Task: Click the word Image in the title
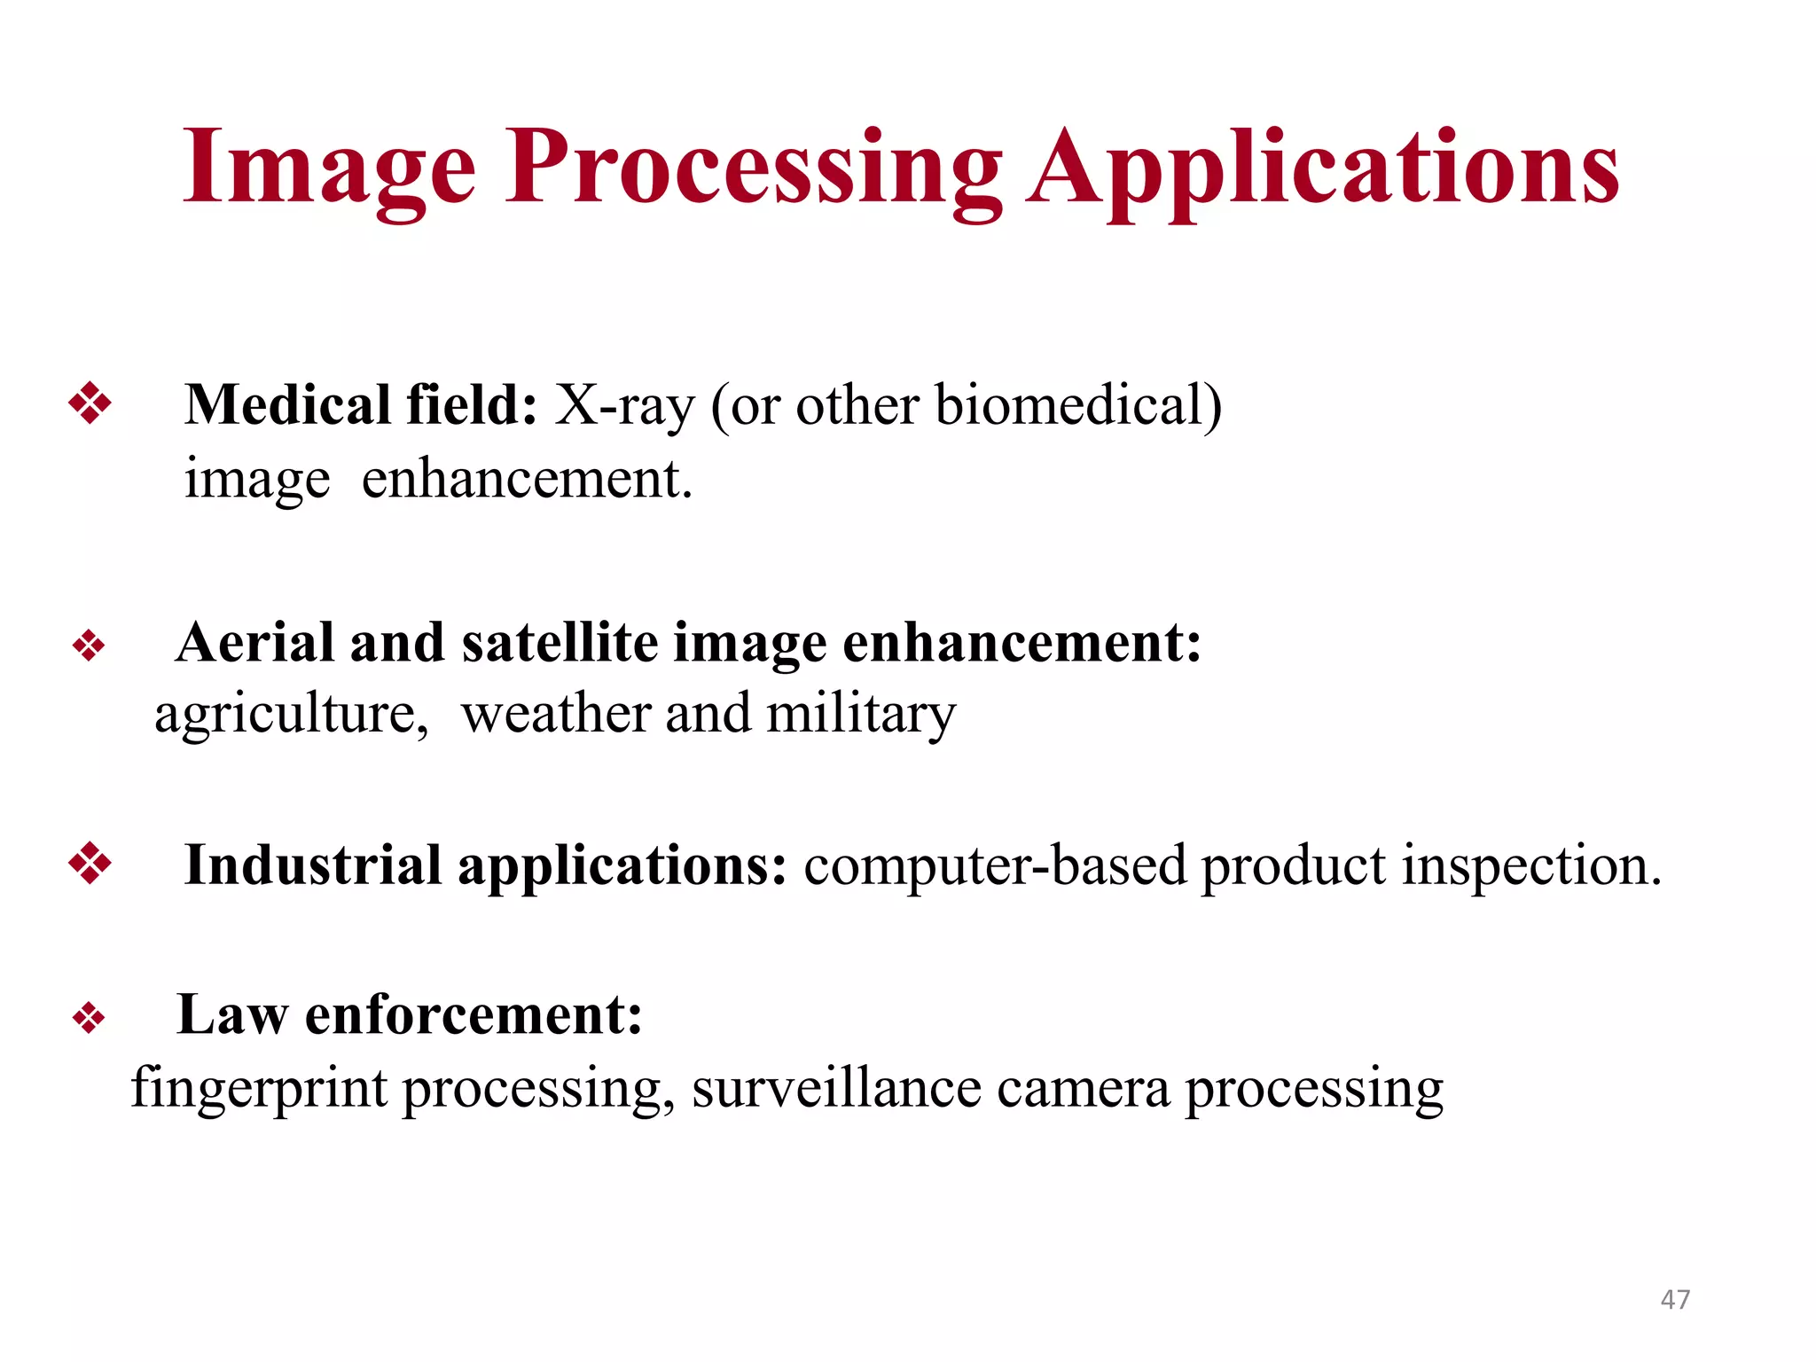point(328,168)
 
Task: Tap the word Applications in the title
point(1323,168)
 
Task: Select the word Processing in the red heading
point(754,168)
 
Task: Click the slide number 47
point(1675,1299)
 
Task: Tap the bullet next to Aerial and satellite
point(89,645)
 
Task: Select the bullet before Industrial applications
point(90,863)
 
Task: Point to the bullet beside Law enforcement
point(89,1017)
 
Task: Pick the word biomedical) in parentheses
point(1077,406)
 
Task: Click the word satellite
point(559,643)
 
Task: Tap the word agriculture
point(291,714)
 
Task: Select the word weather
point(556,714)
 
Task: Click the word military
point(860,714)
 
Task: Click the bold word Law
point(232,1014)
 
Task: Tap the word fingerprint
point(259,1089)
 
